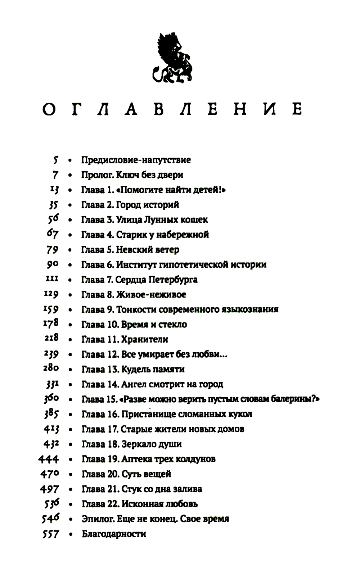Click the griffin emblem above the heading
click(172, 58)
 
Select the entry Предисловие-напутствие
click(136, 160)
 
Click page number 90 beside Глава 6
click(53, 264)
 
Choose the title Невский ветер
click(147, 250)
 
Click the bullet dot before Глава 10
click(70, 325)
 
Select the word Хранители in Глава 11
click(144, 340)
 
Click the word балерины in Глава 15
click(296, 399)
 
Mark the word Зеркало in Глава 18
click(137, 444)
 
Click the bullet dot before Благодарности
click(70, 534)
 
